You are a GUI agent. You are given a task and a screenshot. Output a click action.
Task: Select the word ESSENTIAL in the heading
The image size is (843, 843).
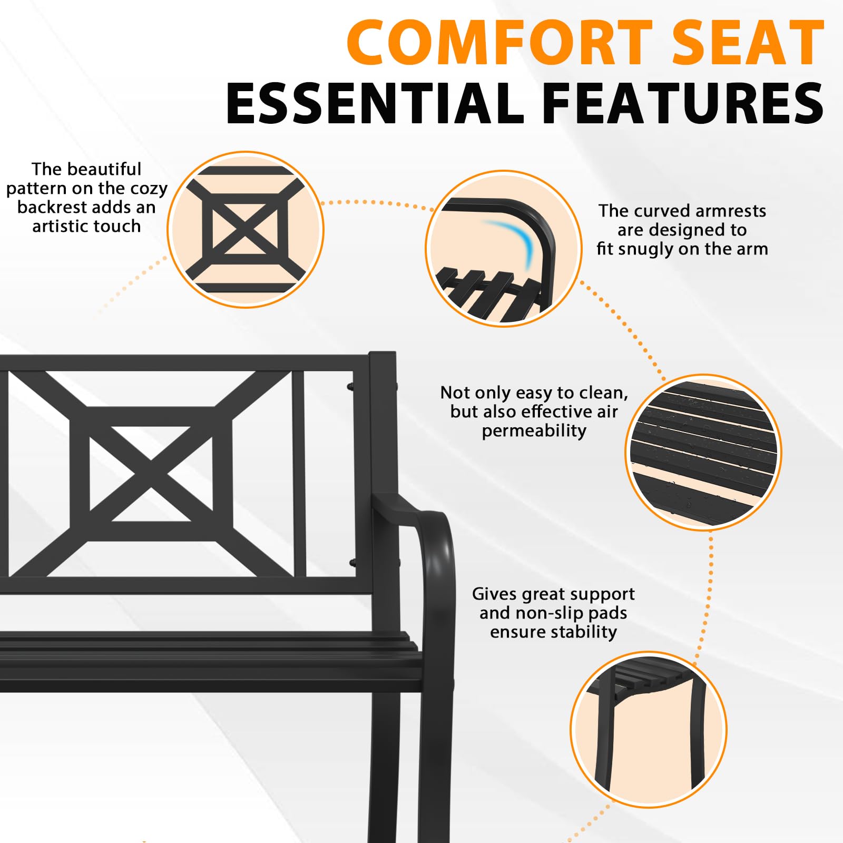375,103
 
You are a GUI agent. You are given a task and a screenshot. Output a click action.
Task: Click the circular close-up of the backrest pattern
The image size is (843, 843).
246,230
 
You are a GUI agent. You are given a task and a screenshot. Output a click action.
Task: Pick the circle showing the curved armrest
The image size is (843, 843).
504,249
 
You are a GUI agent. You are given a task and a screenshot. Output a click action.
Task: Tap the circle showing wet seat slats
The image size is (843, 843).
703,452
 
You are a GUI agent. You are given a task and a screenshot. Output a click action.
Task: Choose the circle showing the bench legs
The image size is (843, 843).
649,730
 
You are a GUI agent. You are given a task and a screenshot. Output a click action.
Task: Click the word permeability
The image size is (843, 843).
534,431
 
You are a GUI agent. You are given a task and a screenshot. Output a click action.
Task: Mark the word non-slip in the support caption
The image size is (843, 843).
550,613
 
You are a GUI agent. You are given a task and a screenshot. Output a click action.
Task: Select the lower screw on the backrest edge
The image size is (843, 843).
352,563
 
